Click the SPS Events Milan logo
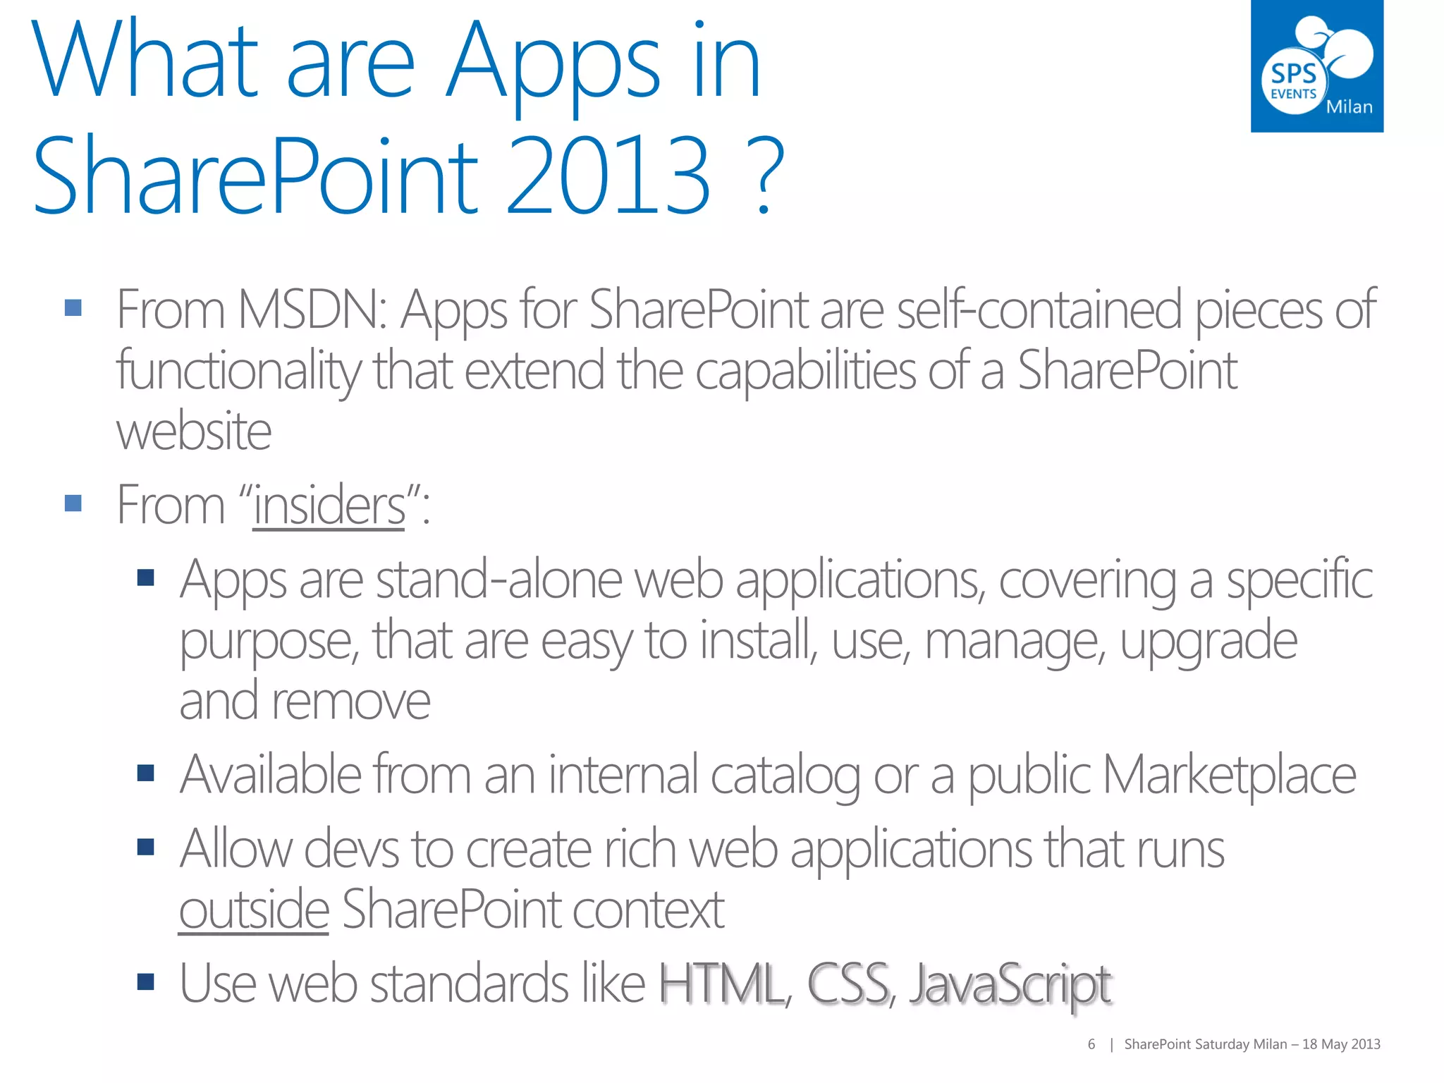coord(1316,66)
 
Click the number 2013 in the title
coord(608,175)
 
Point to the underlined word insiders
coord(329,505)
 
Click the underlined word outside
coord(254,910)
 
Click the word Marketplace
coord(1228,775)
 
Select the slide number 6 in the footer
coord(1091,1044)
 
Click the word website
coord(194,431)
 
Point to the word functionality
coord(238,371)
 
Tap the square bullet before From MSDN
coord(73,308)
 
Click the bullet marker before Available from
coord(146,773)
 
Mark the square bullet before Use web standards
coord(146,981)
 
